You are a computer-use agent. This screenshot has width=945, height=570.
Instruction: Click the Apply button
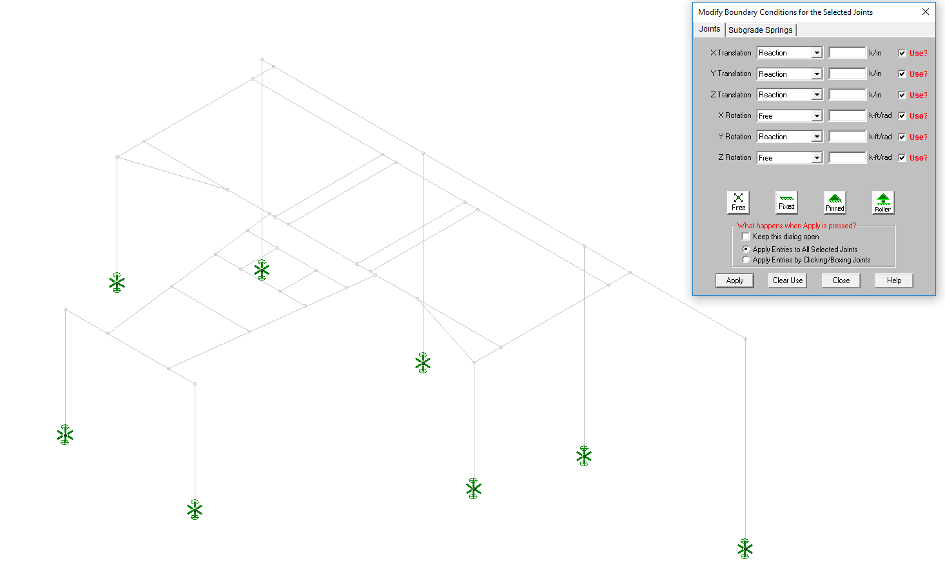[x=734, y=280]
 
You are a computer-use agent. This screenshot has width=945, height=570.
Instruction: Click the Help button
[x=893, y=280]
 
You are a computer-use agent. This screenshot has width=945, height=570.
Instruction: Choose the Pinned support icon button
[x=835, y=202]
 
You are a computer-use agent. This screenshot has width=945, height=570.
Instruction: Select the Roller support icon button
[x=882, y=202]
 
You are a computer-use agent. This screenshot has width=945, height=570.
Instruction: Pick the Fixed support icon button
[x=786, y=202]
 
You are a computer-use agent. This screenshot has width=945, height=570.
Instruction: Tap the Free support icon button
[x=738, y=202]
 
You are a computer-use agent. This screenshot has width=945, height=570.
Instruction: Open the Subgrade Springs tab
[x=760, y=30]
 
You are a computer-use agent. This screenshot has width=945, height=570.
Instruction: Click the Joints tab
[x=710, y=29]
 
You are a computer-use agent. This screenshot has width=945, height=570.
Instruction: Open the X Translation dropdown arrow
[x=817, y=53]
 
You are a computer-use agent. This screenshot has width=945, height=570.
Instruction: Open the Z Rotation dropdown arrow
[x=817, y=158]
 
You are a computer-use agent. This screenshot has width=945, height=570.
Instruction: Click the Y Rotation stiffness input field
[x=847, y=137]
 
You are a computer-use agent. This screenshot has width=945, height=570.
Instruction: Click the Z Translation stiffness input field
[x=847, y=95]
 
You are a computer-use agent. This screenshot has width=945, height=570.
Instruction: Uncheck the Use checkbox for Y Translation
[x=902, y=74]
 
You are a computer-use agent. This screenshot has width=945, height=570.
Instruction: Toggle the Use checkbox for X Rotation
[x=902, y=115]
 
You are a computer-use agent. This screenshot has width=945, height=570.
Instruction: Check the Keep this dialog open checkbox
[x=746, y=237]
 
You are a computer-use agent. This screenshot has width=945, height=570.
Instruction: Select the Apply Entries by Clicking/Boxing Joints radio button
[x=746, y=260]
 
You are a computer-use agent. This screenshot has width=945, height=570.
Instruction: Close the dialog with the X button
[x=925, y=12]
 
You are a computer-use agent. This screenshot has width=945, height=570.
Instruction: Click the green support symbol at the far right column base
[x=745, y=549]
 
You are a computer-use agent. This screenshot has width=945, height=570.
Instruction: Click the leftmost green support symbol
[x=65, y=435]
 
